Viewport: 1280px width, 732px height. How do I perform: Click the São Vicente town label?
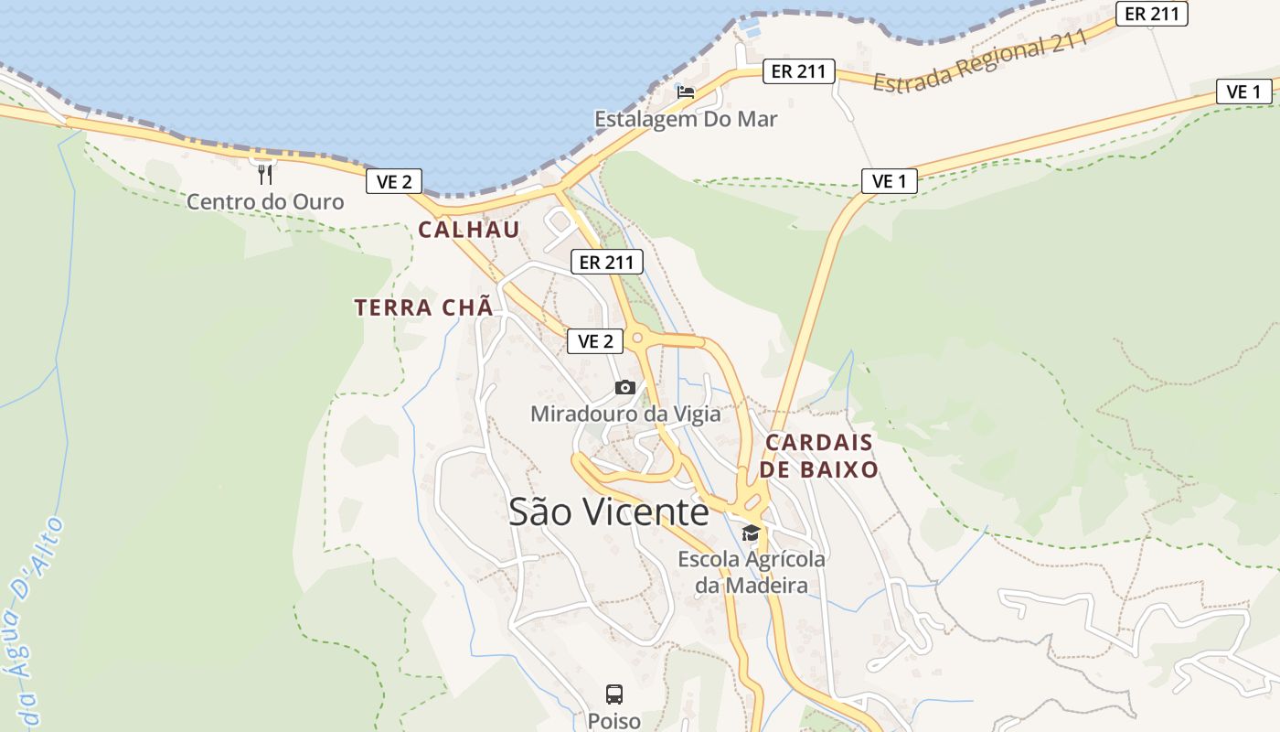tap(608, 511)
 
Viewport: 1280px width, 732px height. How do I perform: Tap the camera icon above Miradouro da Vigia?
tap(625, 388)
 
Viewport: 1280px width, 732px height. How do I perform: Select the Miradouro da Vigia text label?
tap(625, 414)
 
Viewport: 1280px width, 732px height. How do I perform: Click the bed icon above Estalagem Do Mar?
tap(686, 91)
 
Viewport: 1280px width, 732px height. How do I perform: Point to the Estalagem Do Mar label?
tap(686, 119)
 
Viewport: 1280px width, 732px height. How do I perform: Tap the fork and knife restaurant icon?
tap(265, 174)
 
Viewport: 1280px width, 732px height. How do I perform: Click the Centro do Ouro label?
tap(265, 201)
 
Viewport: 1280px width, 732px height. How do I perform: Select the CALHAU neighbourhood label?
tap(469, 230)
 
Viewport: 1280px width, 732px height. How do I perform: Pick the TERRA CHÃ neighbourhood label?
tap(424, 307)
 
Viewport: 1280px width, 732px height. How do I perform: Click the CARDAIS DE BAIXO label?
tap(820, 456)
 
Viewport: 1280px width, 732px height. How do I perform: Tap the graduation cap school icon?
tap(751, 533)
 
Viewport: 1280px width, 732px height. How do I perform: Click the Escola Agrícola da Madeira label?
tap(752, 572)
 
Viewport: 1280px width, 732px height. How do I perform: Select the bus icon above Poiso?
tap(614, 694)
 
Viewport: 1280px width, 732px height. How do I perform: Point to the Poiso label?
tap(614, 721)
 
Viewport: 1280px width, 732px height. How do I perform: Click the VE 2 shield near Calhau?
tap(393, 181)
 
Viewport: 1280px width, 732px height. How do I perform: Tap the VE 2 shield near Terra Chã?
tap(595, 341)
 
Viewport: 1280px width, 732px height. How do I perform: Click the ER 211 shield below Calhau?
tap(607, 262)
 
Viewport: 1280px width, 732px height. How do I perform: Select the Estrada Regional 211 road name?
tap(980, 60)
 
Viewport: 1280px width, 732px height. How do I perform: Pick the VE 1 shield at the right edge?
tap(1243, 91)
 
